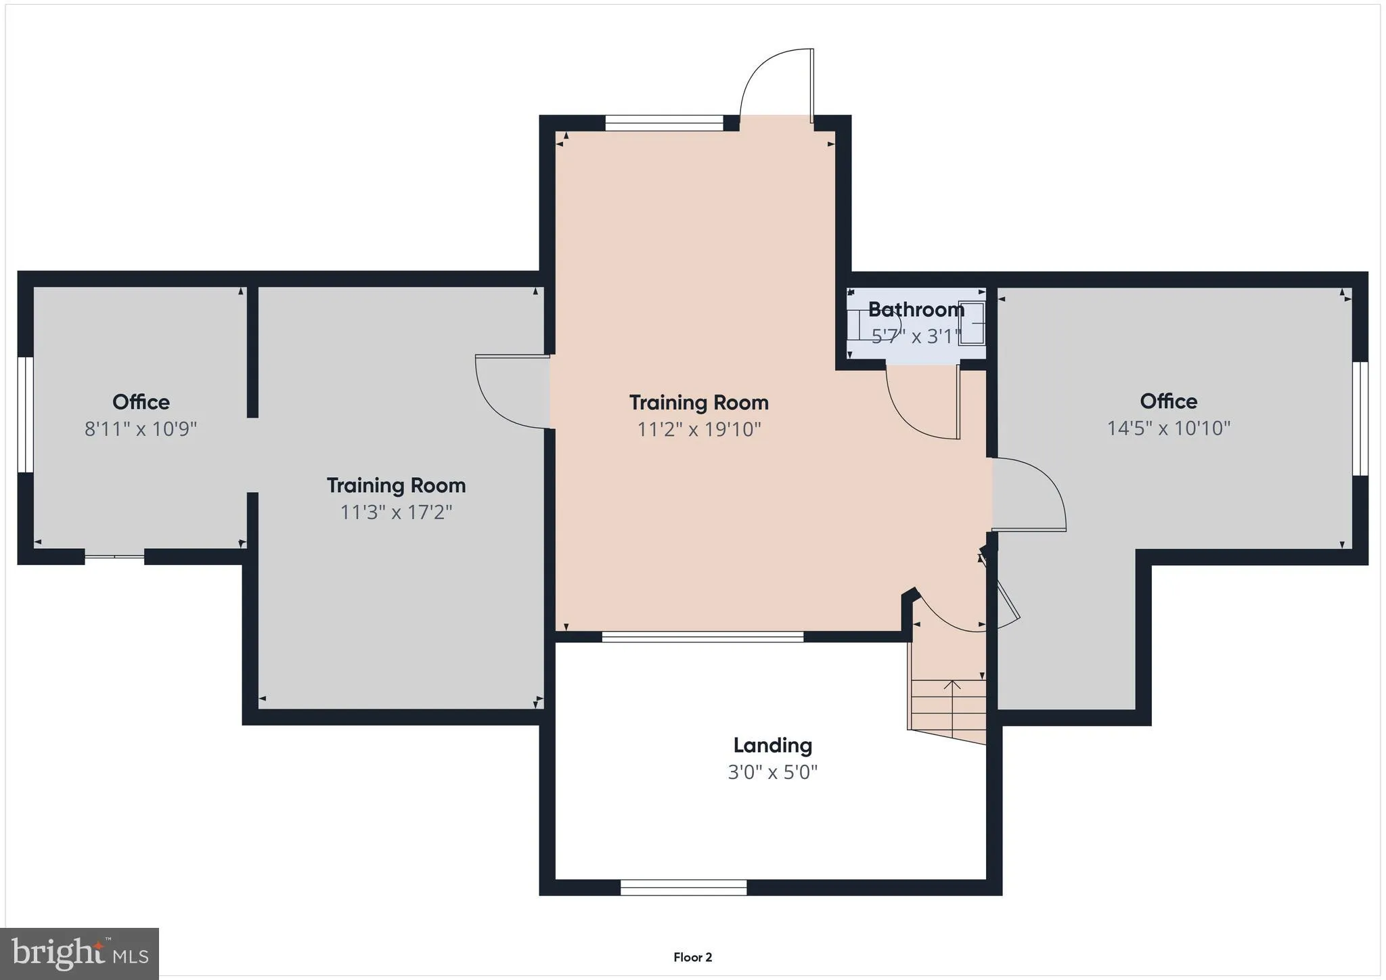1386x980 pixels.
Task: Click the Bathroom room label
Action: (x=916, y=309)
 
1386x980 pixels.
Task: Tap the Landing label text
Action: (x=772, y=745)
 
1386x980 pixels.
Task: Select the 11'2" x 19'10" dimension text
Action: (x=699, y=429)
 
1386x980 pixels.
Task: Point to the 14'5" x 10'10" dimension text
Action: (x=1169, y=428)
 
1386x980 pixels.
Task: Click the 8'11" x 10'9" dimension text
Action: (x=141, y=429)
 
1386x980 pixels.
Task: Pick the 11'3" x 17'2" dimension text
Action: (x=396, y=512)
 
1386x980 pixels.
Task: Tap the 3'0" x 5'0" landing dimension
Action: (x=772, y=772)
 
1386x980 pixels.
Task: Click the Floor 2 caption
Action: (x=692, y=957)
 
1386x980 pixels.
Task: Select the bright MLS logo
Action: (x=80, y=954)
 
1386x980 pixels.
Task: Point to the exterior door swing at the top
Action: (x=777, y=85)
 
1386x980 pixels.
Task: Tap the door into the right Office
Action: (x=1029, y=495)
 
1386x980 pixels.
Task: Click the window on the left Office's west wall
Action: (x=25, y=415)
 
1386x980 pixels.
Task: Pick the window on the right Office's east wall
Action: (x=1360, y=418)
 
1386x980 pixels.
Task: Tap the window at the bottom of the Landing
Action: (x=684, y=887)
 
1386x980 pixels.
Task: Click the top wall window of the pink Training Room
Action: (x=665, y=122)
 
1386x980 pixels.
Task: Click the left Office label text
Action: (x=141, y=402)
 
